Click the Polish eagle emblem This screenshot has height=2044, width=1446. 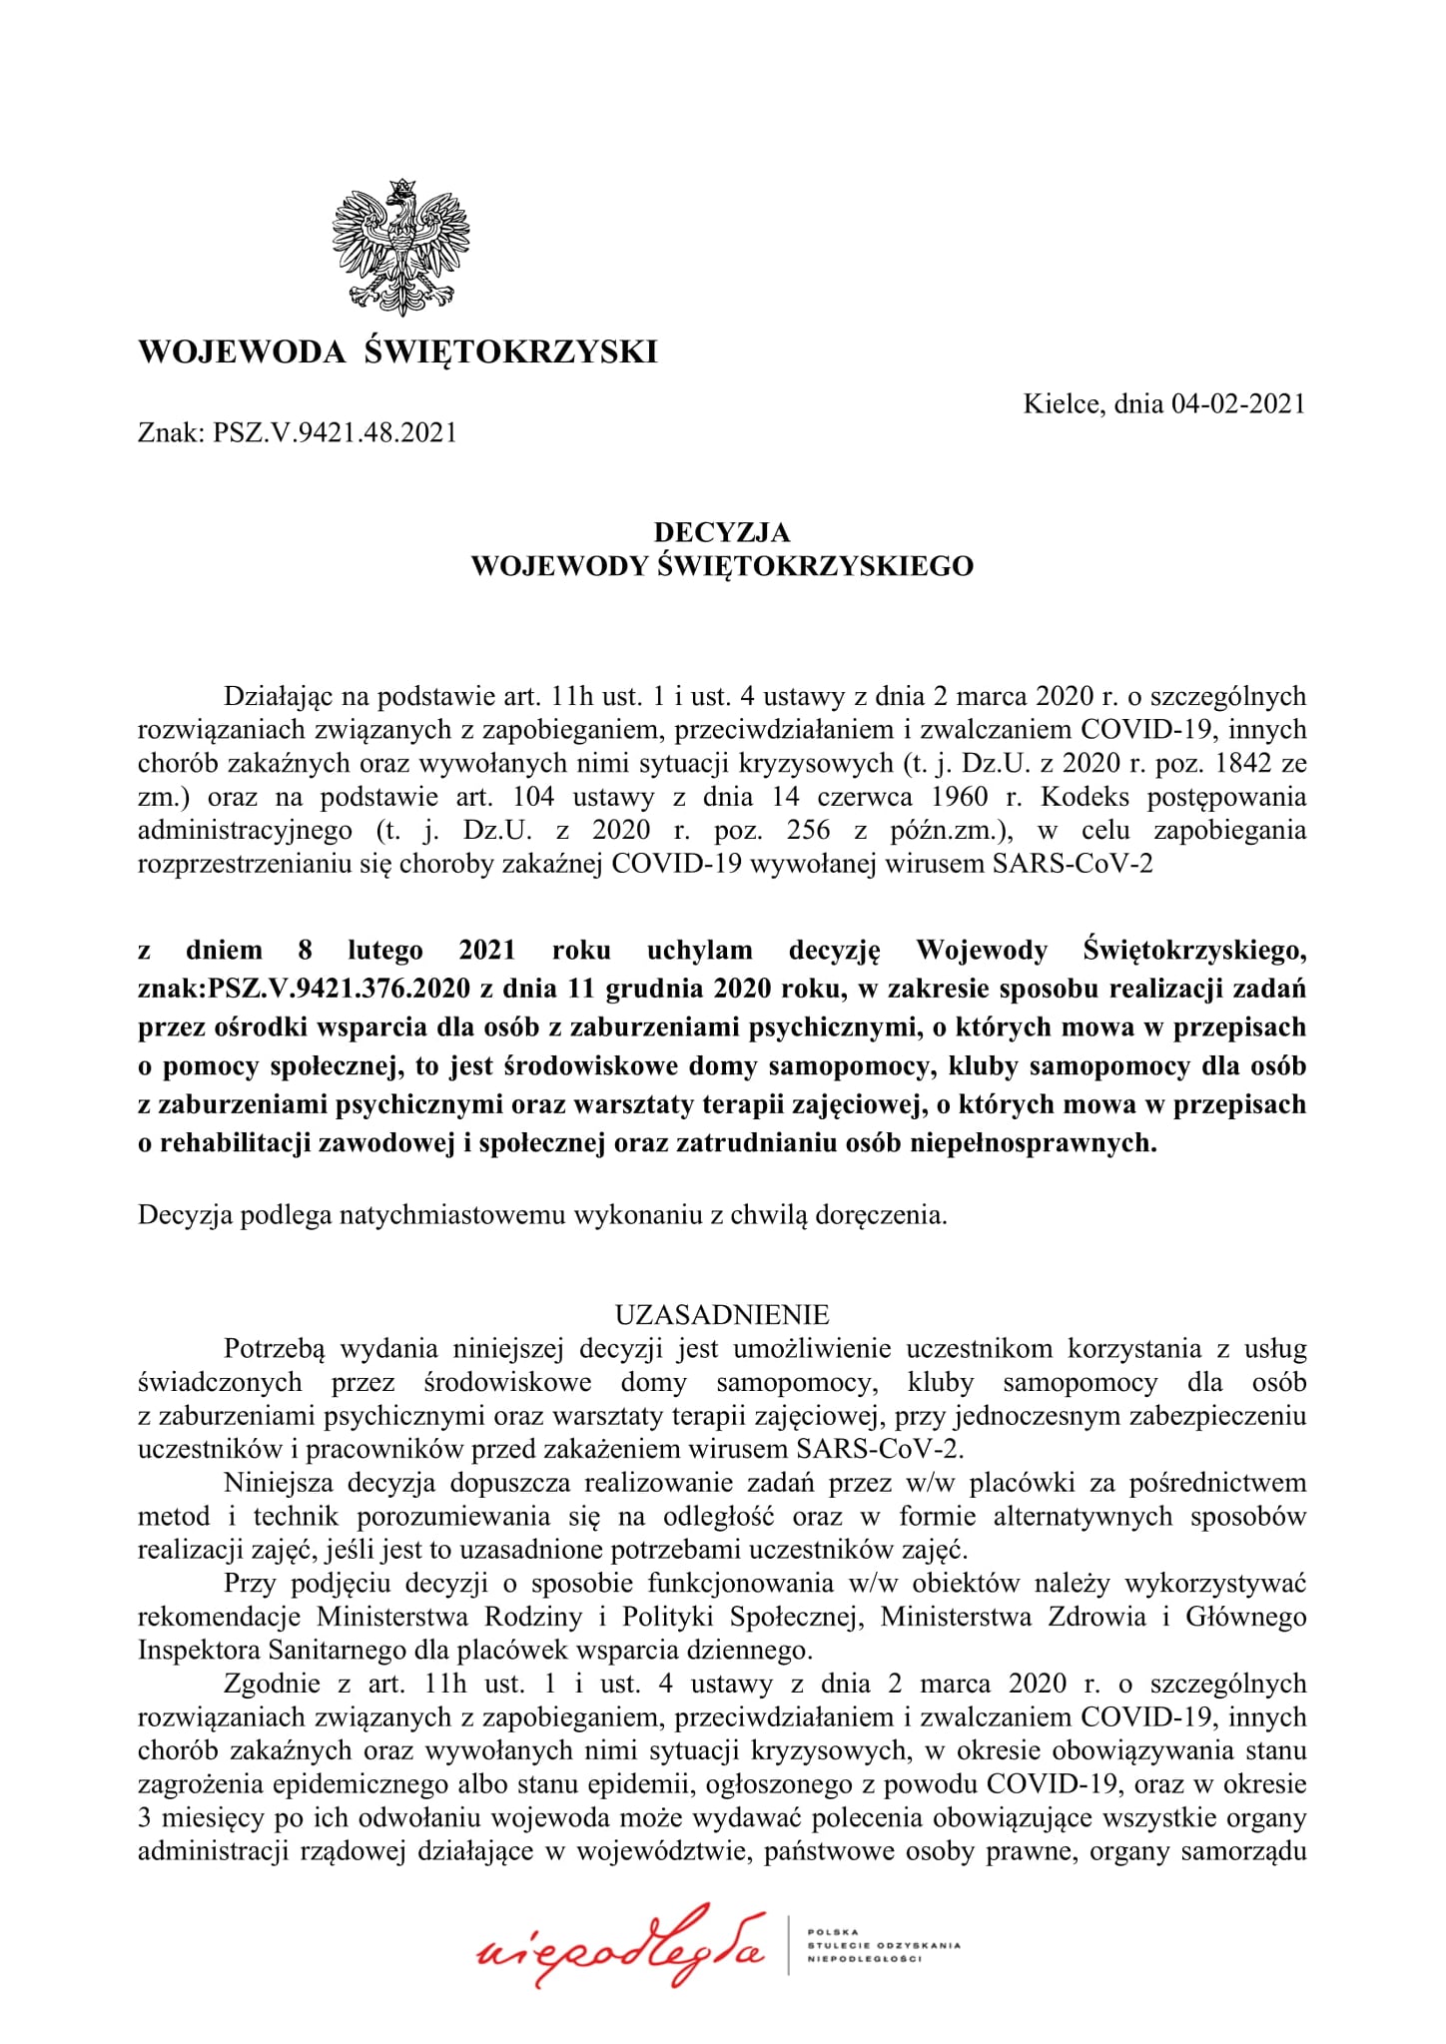point(400,243)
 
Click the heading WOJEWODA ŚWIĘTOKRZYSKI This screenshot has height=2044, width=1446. point(397,351)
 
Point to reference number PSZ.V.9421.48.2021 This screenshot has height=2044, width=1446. point(334,432)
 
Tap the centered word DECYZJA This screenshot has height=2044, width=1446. point(721,532)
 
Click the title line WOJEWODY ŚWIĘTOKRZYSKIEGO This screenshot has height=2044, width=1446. point(721,566)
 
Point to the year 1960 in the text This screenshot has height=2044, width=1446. point(956,797)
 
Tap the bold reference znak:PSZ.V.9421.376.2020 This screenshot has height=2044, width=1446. point(305,989)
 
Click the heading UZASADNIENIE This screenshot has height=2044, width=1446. point(721,1312)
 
